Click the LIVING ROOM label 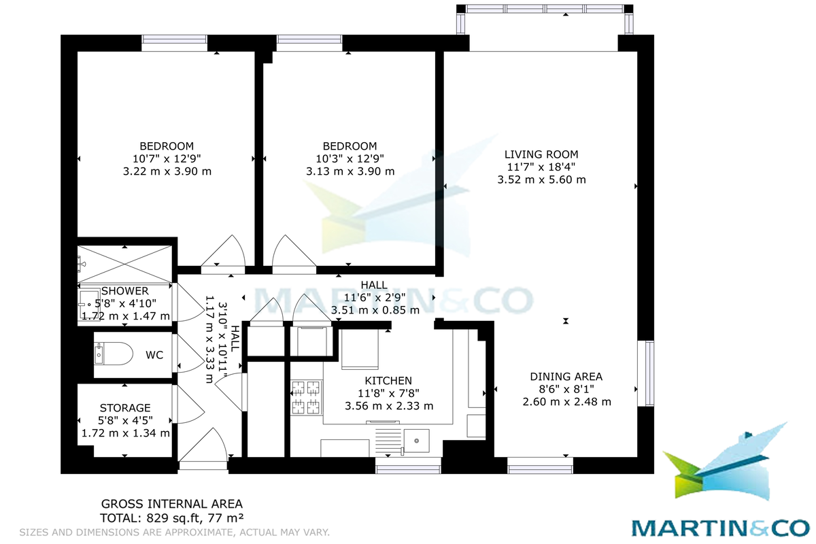tap(541, 154)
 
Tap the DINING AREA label tap(566, 377)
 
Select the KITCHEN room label tap(388, 381)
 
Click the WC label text tap(154, 355)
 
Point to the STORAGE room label tap(125, 407)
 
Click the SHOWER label tap(125, 291)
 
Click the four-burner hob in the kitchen tap(306, 398)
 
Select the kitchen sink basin tap(416, 441)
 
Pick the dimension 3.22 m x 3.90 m tap(167, 171)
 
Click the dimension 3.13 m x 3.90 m tap(350, 171)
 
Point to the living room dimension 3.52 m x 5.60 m tap(541, 180)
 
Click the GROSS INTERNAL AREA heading tap(171, 504)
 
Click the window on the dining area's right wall tap(649, 374)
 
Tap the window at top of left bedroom tap(174, 43)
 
